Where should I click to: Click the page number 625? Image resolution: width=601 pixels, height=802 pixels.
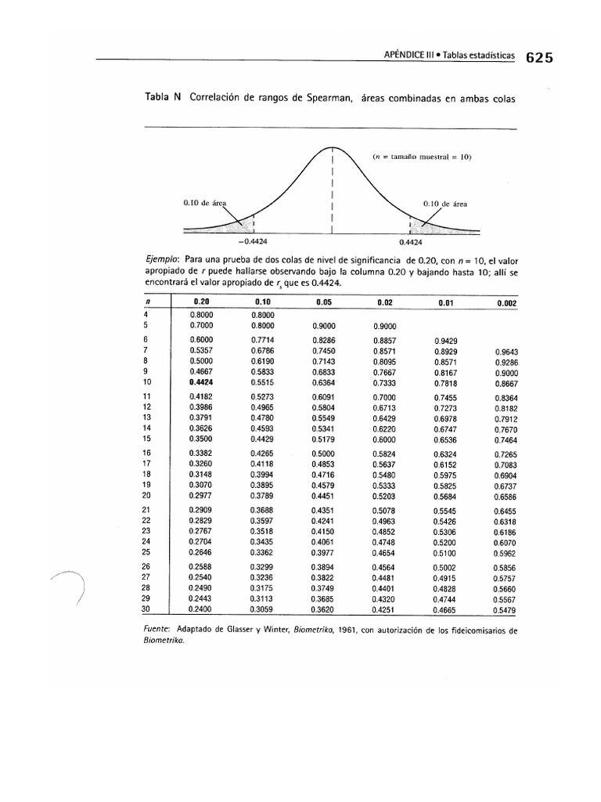pos(540,57)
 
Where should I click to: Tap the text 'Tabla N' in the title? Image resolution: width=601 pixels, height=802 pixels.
pos(163,97)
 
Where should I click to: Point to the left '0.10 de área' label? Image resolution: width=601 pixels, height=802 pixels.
pos(204,202)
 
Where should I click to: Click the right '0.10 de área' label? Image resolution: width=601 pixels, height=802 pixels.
pos(445,203)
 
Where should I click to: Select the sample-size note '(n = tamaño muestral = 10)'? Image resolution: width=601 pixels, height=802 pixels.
pos(423,156)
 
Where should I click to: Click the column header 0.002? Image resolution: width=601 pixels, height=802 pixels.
pos(506,302)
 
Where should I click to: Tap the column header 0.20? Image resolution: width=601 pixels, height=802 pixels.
pos(201,301)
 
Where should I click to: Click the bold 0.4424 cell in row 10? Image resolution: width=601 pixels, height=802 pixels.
pos(201,383)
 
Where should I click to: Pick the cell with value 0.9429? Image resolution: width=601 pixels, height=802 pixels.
pos(445,341)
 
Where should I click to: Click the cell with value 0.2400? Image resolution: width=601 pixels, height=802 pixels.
pos(201,609)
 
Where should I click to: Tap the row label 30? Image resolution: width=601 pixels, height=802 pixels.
pos(146,609)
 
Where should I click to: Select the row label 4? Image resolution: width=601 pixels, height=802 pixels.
pos(146,313)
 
